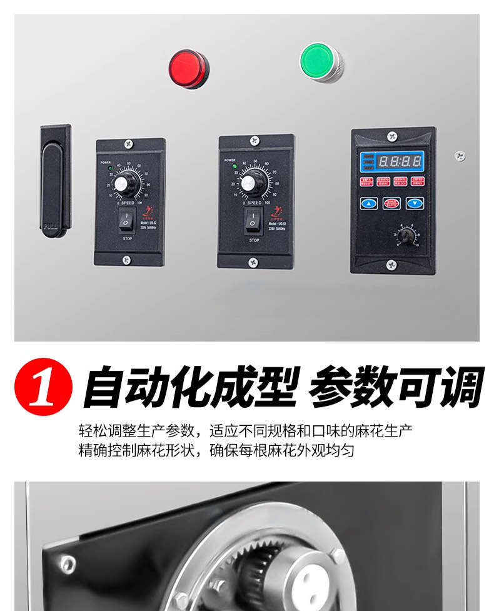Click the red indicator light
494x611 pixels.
coord(188,68)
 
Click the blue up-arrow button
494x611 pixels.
coord(370,203)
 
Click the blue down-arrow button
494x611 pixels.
coord(415,203)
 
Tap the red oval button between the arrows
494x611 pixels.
coord(392,203)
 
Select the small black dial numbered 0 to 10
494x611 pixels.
coord(406,237)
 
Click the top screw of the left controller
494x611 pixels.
coord(129,144)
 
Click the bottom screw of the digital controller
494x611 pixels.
coord(391,264)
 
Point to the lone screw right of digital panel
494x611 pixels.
coord(460,154)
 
